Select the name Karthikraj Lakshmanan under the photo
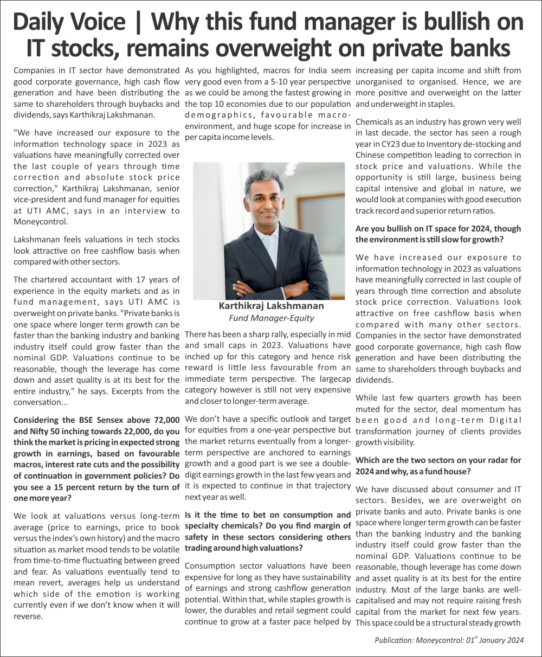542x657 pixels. pyautogui.click(x=270, y=306)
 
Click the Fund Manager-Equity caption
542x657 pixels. pyautogui.click(x=270, y=318)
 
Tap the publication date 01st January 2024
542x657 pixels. pyautogui.click(x=495, y=640)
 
